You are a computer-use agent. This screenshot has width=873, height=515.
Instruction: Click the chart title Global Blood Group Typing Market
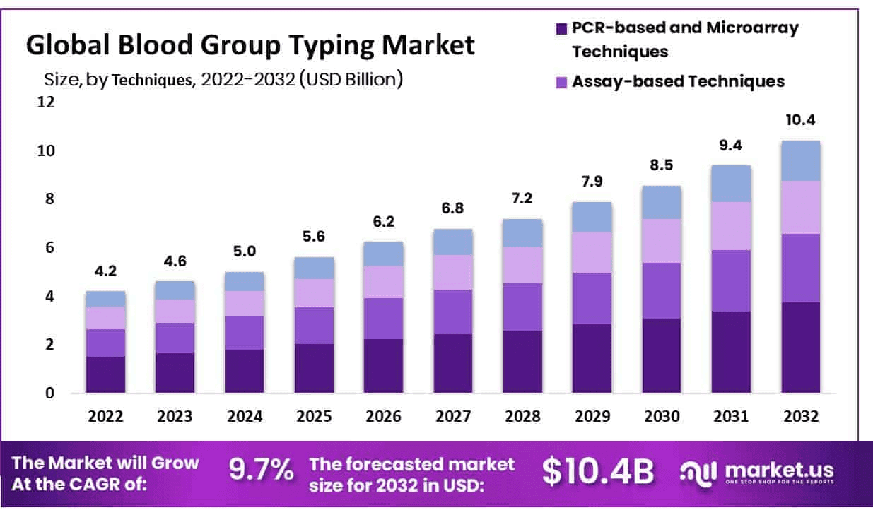tap(250, 45)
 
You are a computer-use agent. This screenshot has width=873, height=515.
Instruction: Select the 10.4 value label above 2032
tap(800, 120)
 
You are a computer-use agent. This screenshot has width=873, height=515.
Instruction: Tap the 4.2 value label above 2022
tap(105, 271)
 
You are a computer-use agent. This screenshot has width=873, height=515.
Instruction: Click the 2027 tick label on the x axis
tap(452, 417)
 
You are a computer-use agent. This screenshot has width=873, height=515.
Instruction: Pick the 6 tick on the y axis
tap(49, 248)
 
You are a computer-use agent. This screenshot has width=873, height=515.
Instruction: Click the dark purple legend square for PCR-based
tap(562, 29)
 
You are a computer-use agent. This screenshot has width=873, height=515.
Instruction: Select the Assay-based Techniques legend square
tap(562, 82)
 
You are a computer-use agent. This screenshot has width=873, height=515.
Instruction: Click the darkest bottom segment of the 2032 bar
tap(800, 348)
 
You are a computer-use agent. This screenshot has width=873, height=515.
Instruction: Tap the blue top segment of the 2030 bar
tap(662, 202)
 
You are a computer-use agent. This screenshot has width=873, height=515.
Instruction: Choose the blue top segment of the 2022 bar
tap(105, 299)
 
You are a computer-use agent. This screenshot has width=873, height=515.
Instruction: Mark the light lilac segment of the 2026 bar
tap(383, 282)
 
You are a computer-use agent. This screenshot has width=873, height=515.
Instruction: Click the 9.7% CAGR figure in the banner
tap(261, 470)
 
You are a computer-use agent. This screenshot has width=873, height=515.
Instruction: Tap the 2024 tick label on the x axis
tap(244, 417)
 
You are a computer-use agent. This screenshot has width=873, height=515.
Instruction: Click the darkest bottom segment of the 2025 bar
tap(314, 368)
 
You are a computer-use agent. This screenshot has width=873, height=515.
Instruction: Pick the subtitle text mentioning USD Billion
tap(223, 79)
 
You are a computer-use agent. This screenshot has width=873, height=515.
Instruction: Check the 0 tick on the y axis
tap(49, 393)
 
